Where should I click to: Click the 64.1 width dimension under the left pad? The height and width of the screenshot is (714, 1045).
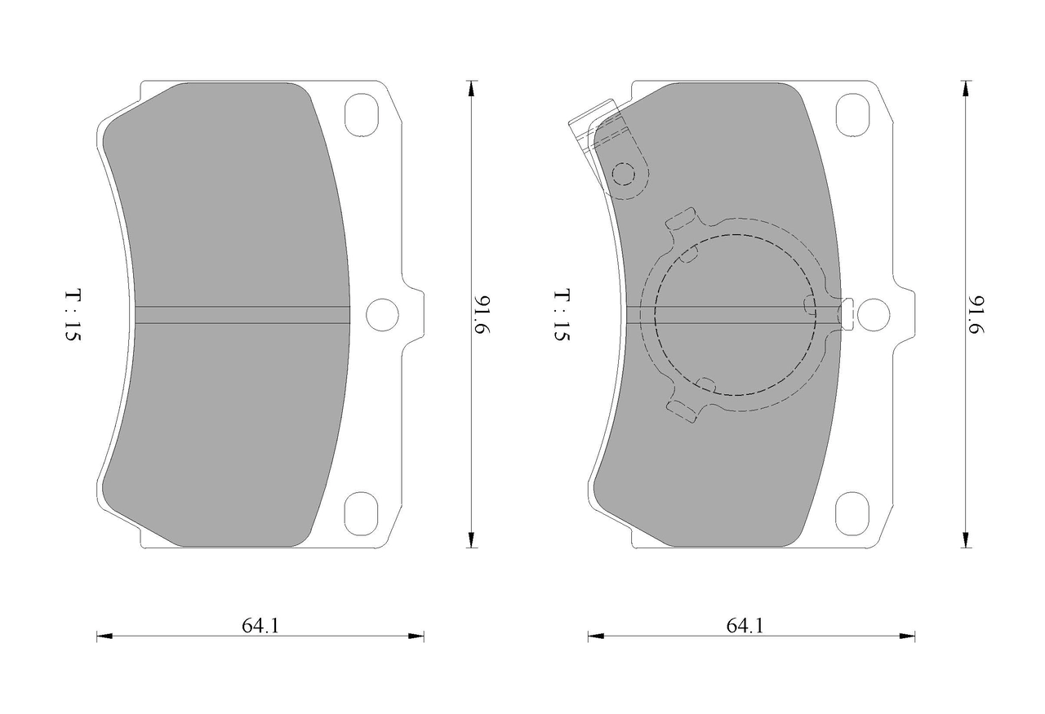coord(260,626)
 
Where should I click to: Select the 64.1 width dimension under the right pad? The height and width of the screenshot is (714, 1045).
coord(745,626)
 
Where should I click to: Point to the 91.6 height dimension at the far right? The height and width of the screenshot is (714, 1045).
coord(976,314)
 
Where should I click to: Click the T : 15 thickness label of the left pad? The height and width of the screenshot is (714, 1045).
coord(73,315)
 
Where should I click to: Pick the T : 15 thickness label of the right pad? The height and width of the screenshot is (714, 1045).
coord(563,315)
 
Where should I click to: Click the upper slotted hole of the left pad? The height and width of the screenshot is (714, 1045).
coord(361,115)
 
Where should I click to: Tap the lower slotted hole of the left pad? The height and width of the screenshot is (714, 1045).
coord(361,513)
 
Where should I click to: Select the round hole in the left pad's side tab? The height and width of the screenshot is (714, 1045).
coord(383,315)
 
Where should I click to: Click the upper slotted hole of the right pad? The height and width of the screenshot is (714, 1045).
coord(853,115)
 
